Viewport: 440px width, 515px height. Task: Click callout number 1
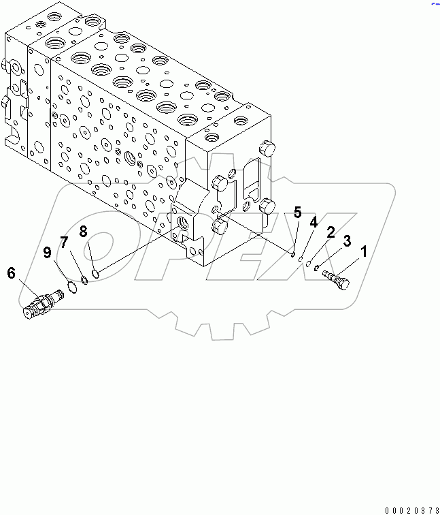pos(363,252)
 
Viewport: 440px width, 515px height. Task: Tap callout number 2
pos(330,233)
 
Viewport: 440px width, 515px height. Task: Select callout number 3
pos(347,240)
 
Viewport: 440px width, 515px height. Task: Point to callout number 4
pos(314,222)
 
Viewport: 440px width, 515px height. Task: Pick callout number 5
pos(297,213)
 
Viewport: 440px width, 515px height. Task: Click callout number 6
pos(12,273)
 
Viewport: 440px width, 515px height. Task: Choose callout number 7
pos(64,242)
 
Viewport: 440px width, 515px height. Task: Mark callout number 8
pos(84,231)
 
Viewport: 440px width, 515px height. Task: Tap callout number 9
pos(48,253)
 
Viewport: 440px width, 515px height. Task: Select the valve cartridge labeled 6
pos(42,302)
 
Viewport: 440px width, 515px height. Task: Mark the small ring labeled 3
pos(318,268)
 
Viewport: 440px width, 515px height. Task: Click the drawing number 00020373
pos(410,508)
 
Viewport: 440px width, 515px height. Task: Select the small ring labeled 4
pos(300,259)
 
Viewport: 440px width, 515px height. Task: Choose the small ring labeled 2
pos(309,264)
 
